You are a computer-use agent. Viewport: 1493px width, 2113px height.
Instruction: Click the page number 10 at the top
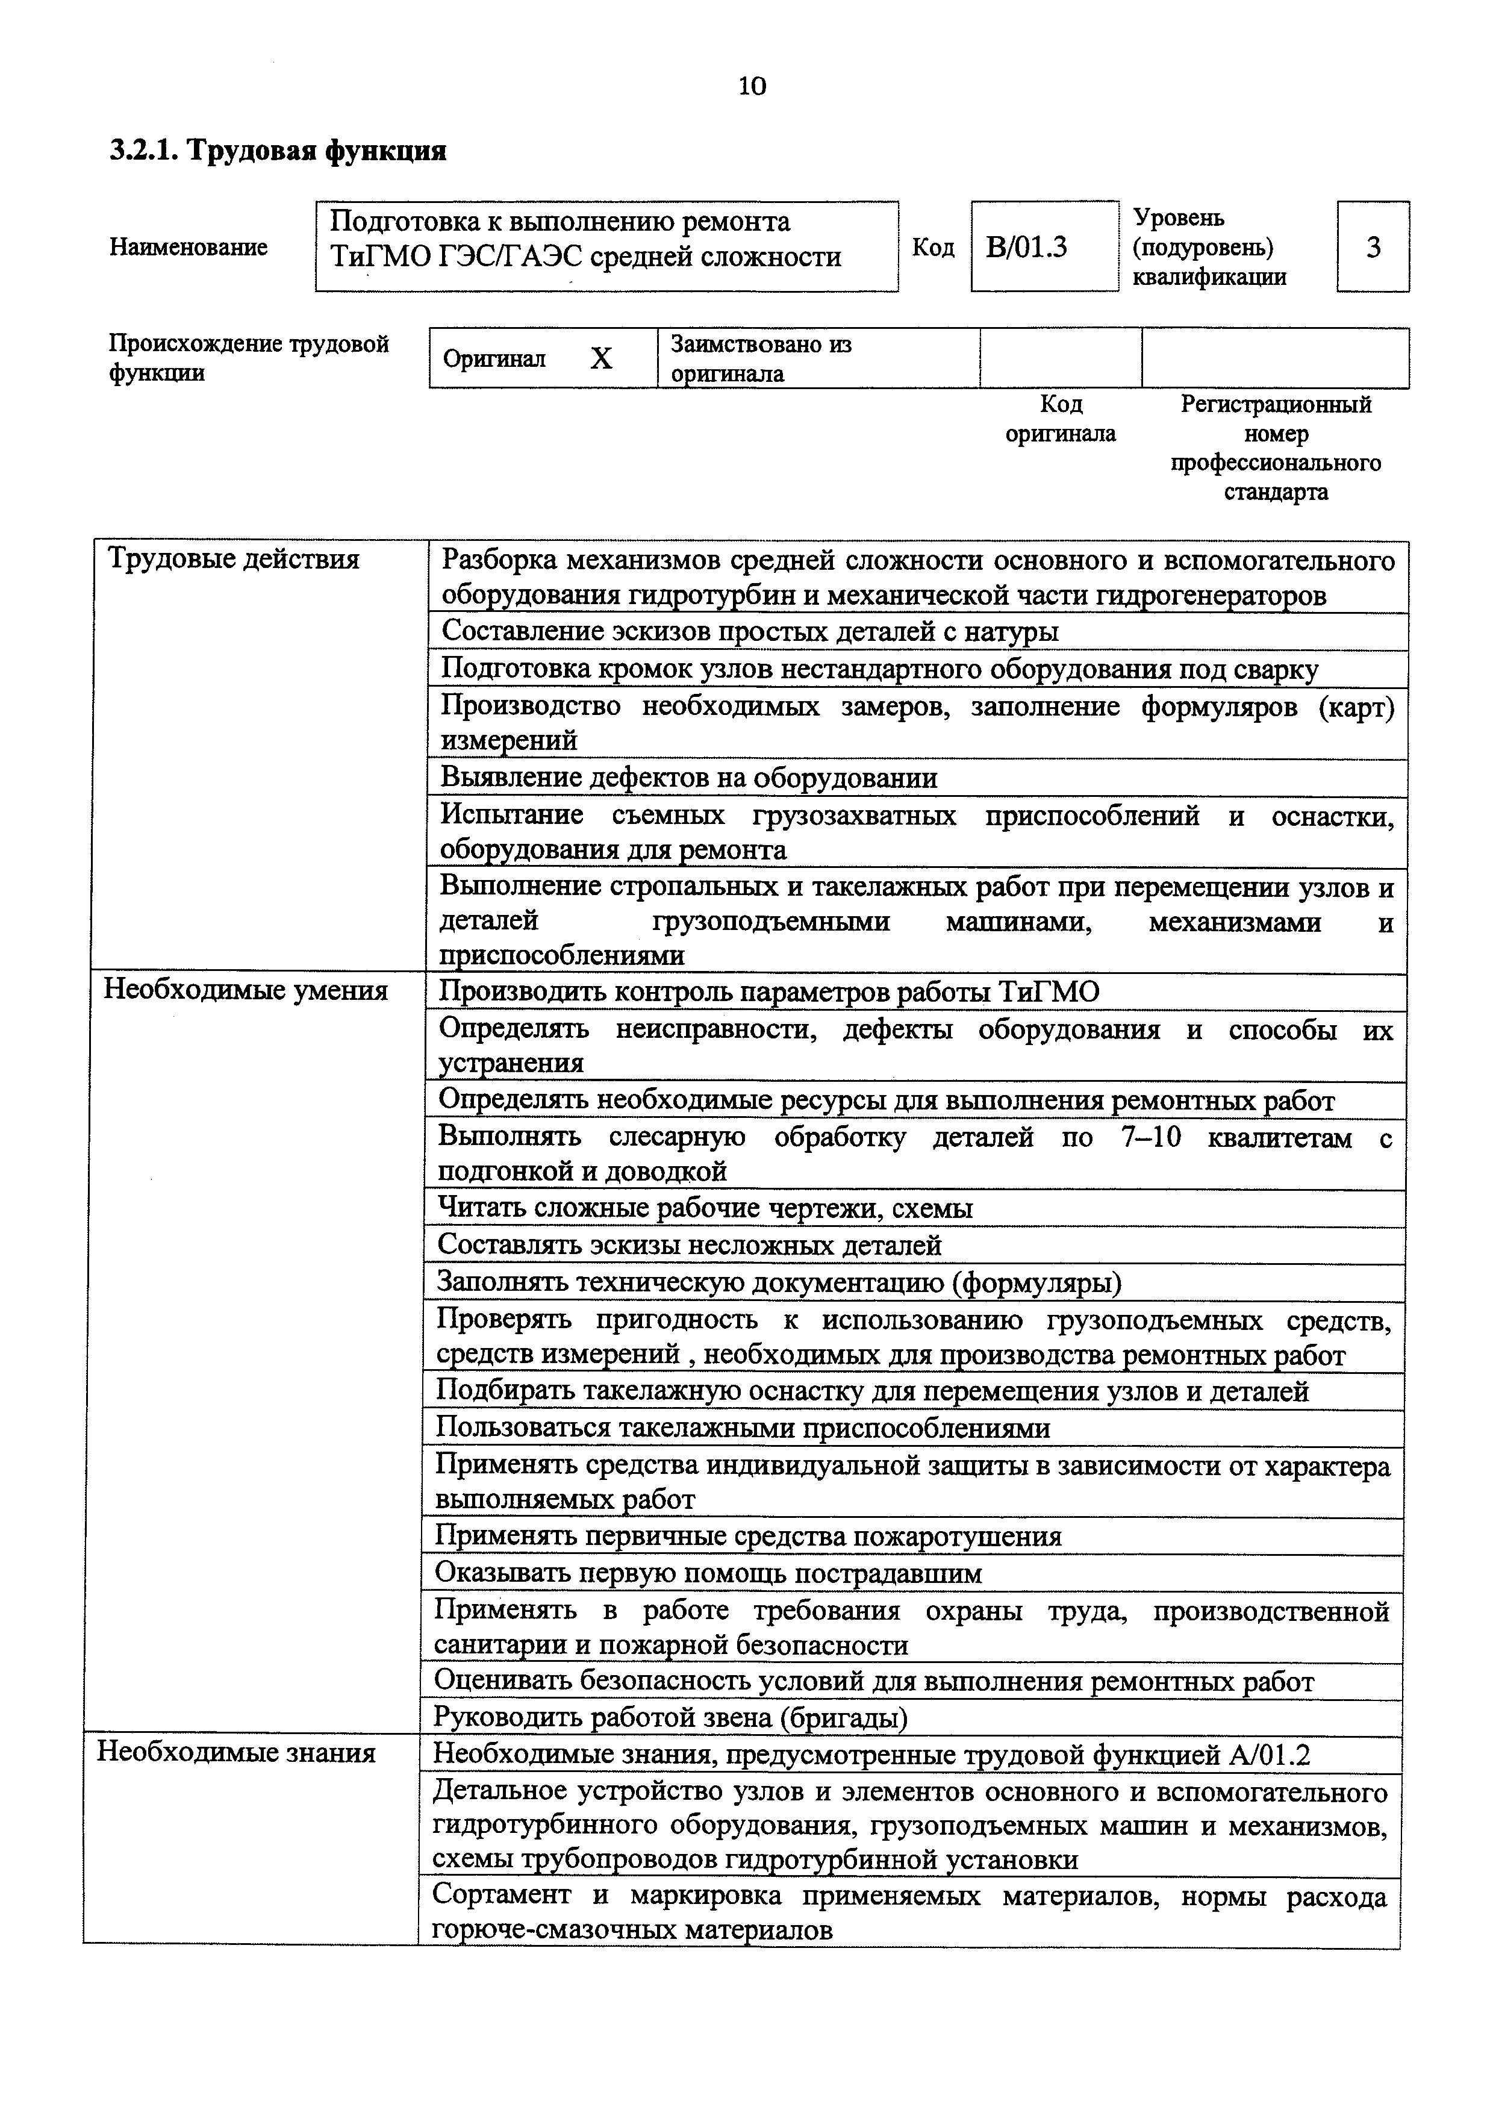[752, 87]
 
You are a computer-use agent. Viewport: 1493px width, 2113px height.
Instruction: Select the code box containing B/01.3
[1044, 246]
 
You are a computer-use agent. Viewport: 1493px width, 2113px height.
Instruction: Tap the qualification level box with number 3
[1373, 246]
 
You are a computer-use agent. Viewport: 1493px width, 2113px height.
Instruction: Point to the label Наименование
[189, 246]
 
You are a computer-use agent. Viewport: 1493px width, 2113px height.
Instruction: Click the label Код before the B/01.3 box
[933, 246]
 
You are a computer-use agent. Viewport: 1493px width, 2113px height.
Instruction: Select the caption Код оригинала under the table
[1061, 419]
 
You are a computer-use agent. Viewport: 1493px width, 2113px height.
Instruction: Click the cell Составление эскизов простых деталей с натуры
[750, 631]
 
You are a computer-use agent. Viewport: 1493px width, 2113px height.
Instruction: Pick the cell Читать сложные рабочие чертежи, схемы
[705, 1208]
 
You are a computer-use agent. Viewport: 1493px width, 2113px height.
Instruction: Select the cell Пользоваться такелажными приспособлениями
[743, 1428]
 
